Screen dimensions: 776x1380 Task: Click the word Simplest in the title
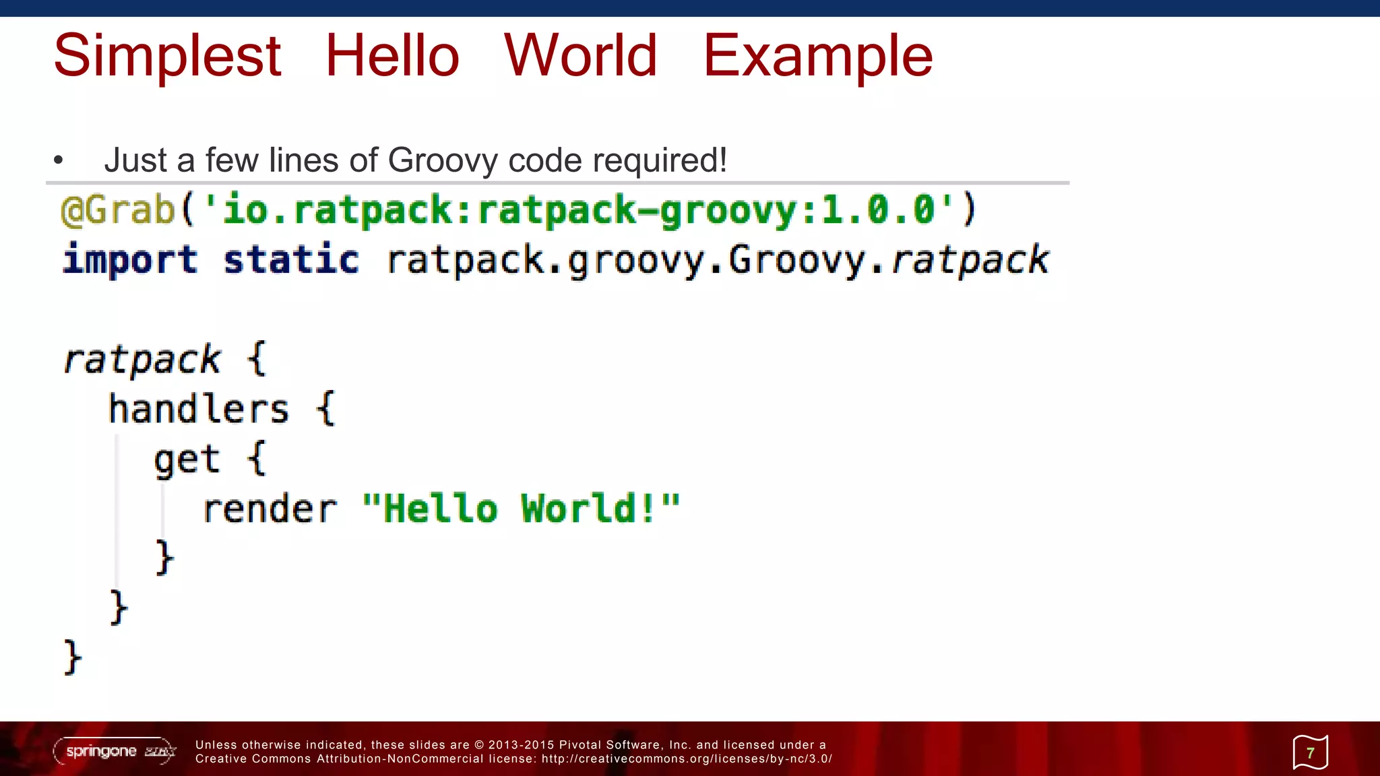coord(167,57)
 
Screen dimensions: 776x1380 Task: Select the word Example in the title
coord(817,57)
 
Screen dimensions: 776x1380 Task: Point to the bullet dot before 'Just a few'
coord(59,160)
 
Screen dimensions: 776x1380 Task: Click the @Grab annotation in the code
coord(118,209)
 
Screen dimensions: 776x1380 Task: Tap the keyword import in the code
coord(130,260)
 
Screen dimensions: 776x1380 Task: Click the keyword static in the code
coord(291,260)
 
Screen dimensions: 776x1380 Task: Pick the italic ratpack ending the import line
coord(970,260)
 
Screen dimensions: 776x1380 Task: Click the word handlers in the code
coord(199,410)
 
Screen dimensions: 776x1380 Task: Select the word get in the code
coord(187,460)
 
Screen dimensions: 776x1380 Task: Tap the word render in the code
coord(270,509)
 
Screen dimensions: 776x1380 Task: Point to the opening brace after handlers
coord(325,409)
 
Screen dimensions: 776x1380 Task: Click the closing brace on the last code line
coord(72,657)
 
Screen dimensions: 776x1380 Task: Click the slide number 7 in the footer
coord(1310,752)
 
